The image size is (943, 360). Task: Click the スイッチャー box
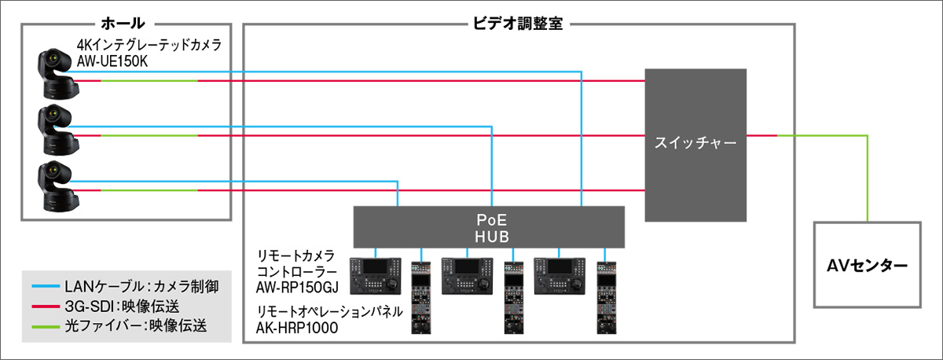[695, 144]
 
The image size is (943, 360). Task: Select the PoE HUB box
[489, 226]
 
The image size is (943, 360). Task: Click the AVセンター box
[867, 266]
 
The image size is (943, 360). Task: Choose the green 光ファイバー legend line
[46, 325]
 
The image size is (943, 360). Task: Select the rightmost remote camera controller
[562, 276]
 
